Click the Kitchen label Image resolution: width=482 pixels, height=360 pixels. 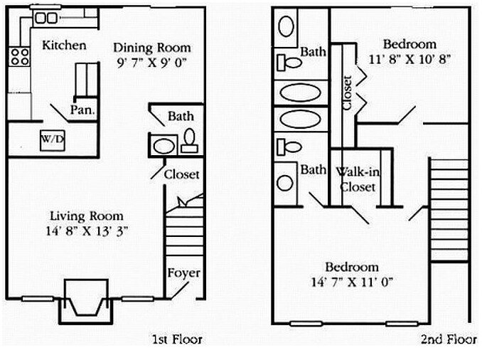pos(64,46)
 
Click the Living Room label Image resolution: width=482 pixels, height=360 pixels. pos(86,216)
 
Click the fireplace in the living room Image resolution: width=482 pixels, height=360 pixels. pos(86,300)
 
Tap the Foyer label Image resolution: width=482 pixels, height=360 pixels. pos(183,272)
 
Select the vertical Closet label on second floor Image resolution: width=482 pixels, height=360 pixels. pos(347,93)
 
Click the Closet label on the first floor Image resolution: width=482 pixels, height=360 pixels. pos(181,174)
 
